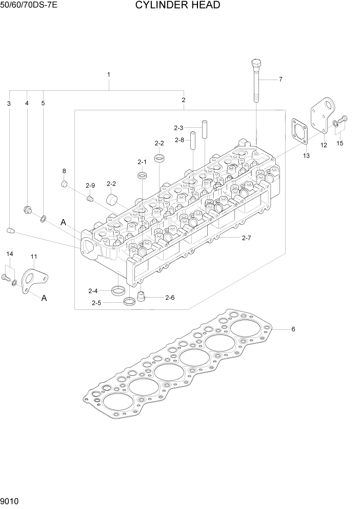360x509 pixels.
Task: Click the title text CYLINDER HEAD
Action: [177, 6]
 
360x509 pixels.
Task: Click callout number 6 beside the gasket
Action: [293, 329]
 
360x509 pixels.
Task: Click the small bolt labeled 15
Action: [343, 119]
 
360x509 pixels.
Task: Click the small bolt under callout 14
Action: [6, 278]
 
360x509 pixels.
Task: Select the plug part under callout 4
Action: [28, 209]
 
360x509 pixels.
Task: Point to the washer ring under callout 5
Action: [44, 220]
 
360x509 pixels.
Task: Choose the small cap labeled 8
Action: [65, 183]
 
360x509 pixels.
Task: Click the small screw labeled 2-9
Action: [90, 199]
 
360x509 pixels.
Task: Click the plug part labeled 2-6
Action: [143, 296]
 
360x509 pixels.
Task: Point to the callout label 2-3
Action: [178, 128]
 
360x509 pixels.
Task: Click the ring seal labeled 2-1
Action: [142, 176]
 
